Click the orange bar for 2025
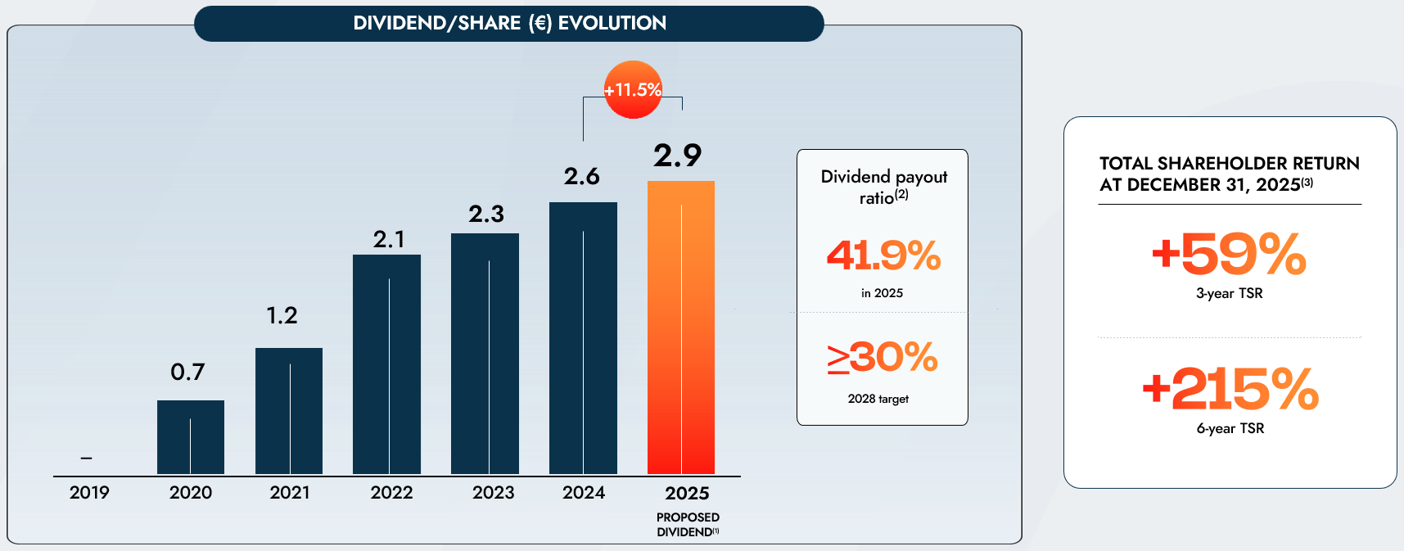(x=681, y=327)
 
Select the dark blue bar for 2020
(x=191, y=437)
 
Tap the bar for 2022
(x=386, y=364)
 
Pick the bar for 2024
(x=583, y=338)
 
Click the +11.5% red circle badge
(x=633, y=90)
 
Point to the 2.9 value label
(x=677, y=156)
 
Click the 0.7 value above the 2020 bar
(x=187, y=373)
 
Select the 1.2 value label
(x=282, y=315)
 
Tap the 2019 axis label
(x=89, y=493)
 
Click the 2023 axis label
(x=493, y=493)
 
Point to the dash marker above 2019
(x=87, y=458)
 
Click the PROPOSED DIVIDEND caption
(x=688, y=525)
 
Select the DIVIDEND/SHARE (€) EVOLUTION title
(x=509, y=23)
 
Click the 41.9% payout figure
(x=883, y=255)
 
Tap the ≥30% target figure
(x=883, y=358)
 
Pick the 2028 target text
(x=878, y=399)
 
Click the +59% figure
(x=1229, y=254)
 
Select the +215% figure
(x=1230, y=388)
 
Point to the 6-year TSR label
(x=1230, y=428)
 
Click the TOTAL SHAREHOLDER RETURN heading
(x=1229, y=174)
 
